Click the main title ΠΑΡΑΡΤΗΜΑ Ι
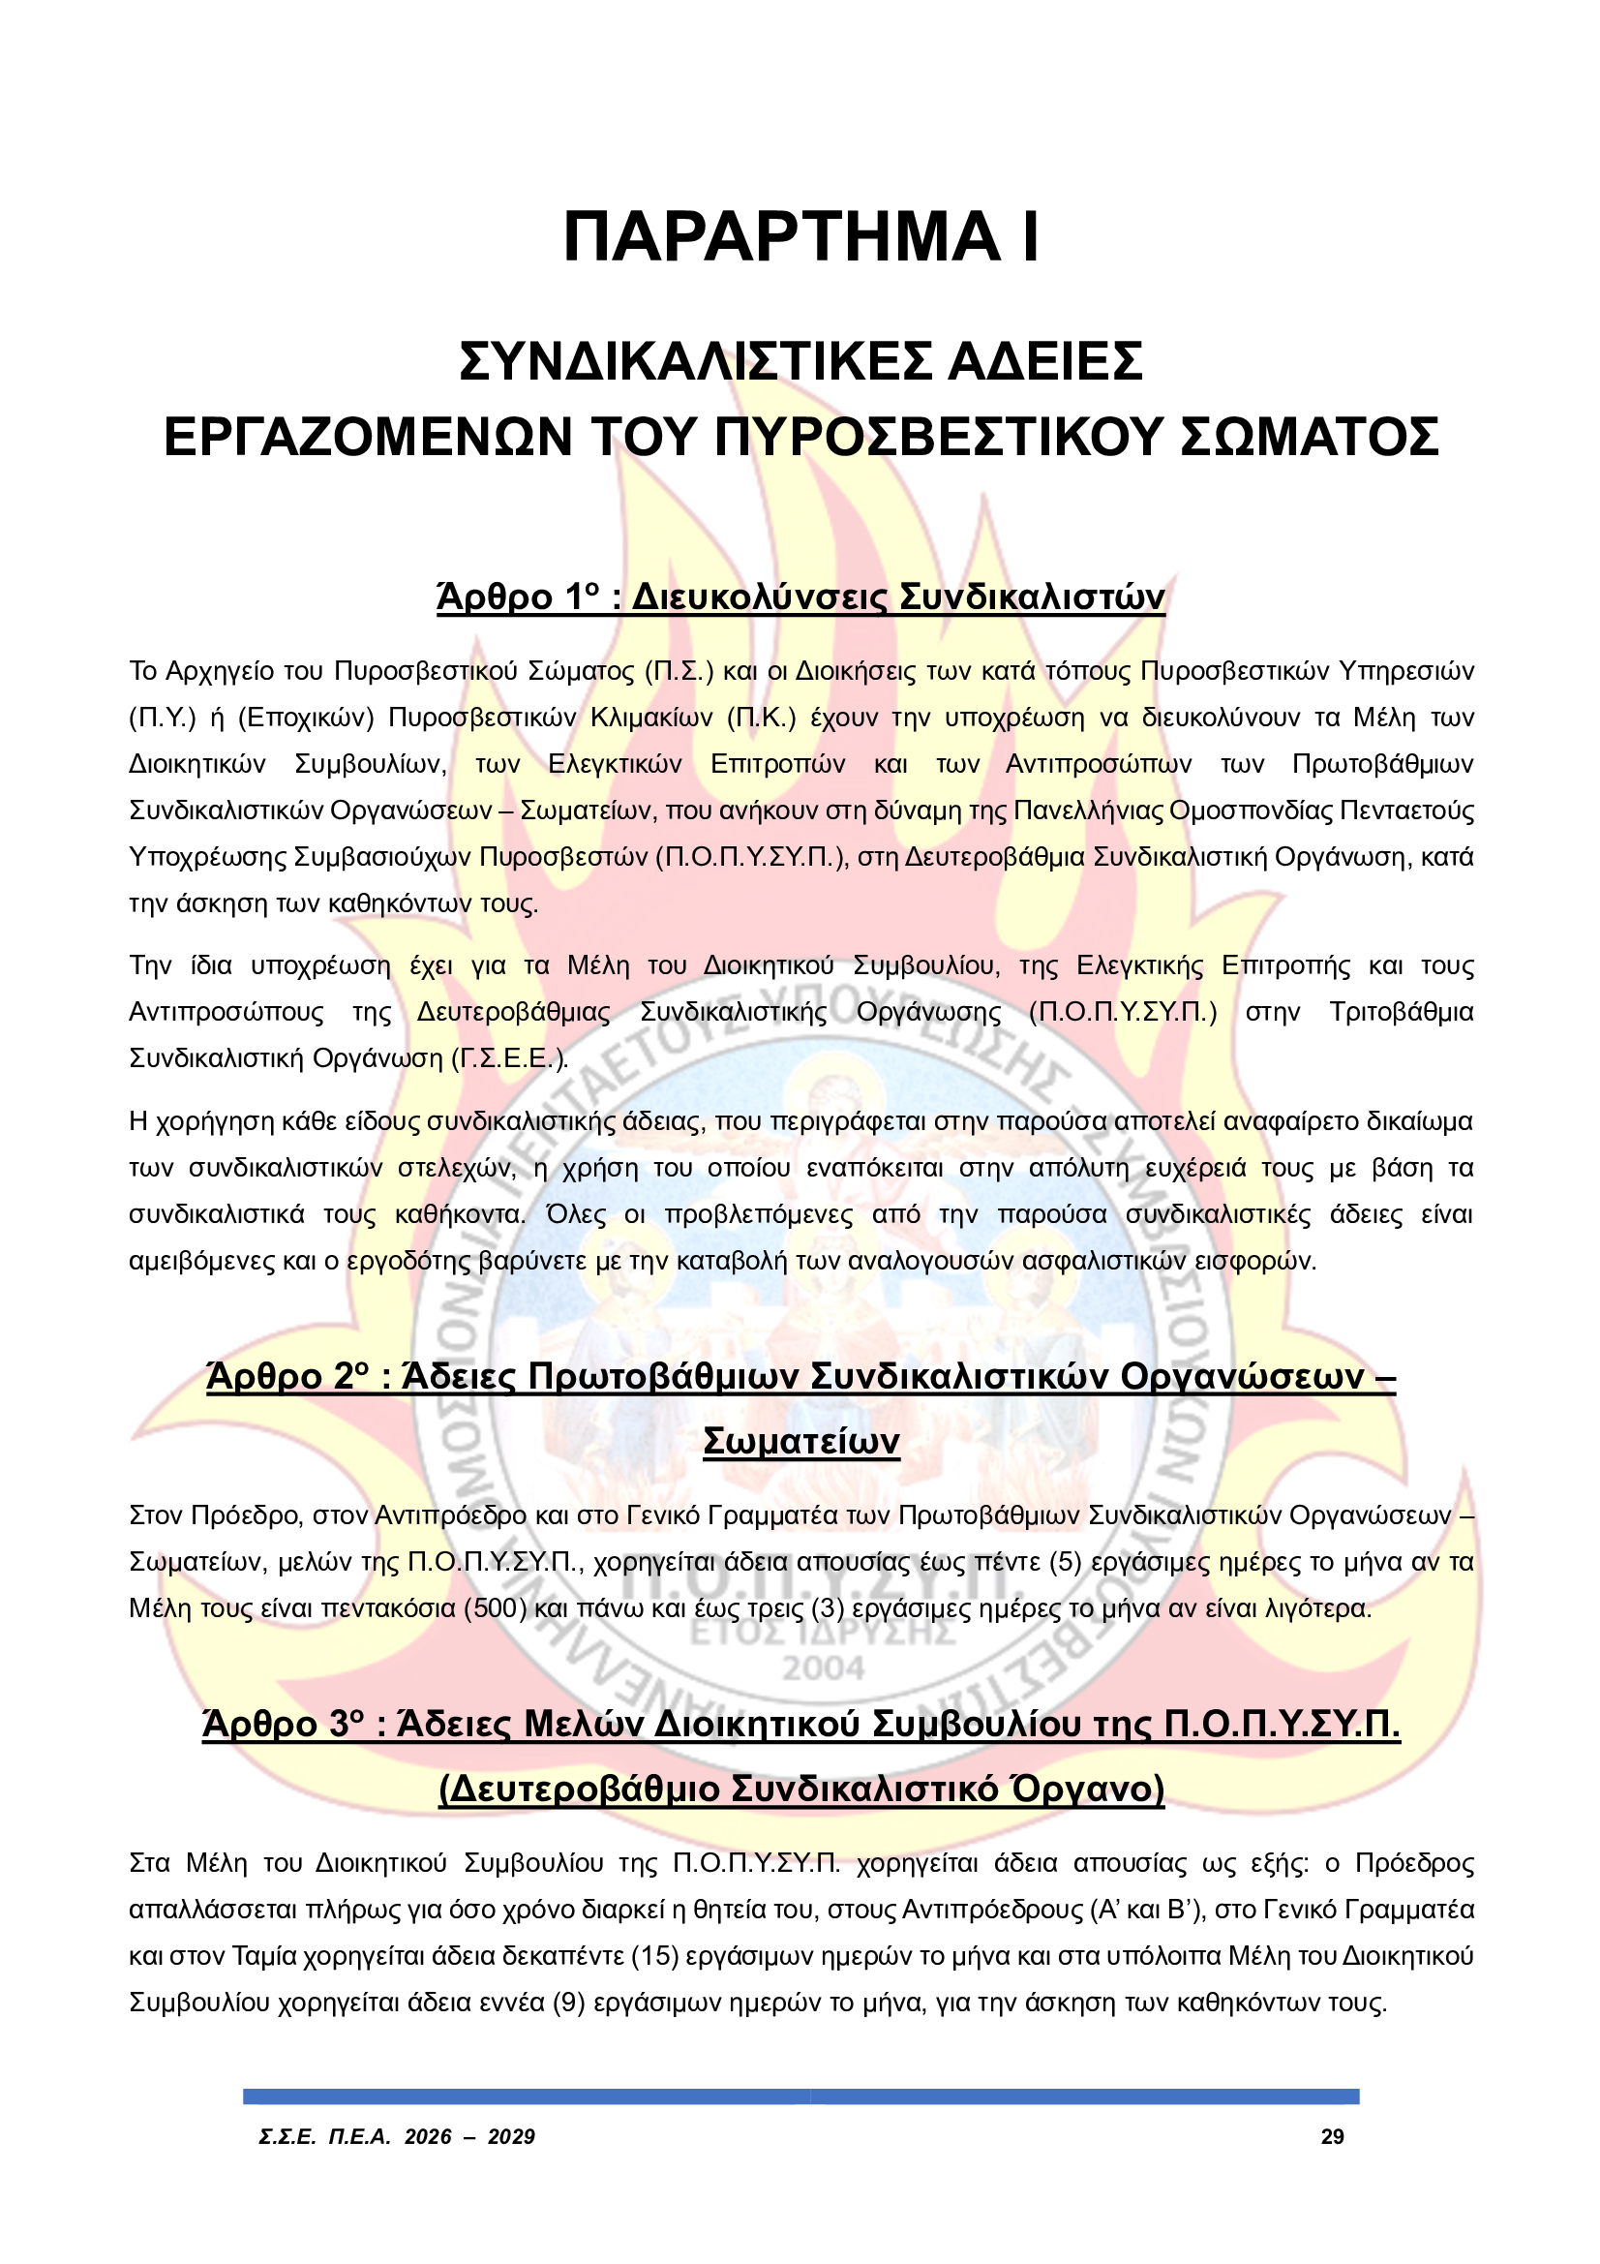pyautogui.click(x=800, y=237)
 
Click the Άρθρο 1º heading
pyautogui.click(x=519, y=597)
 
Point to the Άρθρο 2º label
pyautogui.click(x=287, y=1377)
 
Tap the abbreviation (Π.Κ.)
pyautogui.click(x=761, y=718)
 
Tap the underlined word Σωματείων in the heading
pyautogui.click(x=800, y=1442)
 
